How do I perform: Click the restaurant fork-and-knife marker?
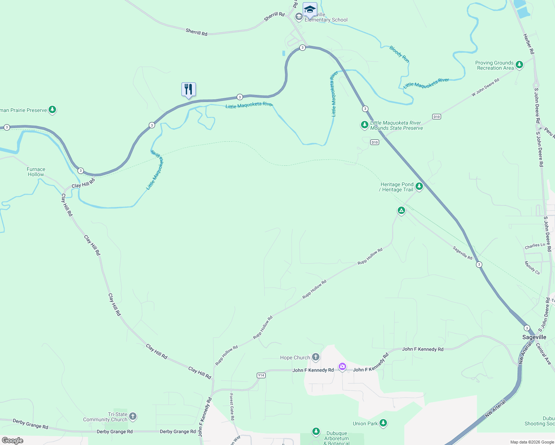tap(188, 89)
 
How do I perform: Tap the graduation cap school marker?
tap(310, 9)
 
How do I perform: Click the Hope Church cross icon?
tap(316, 357)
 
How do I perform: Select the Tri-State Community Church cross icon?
tap(133, 416)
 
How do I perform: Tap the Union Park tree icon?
tap(383, 423)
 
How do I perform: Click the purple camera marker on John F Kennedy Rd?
tap(342, 367)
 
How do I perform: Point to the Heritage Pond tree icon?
tap(419, 186)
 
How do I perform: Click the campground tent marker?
tap(401, 211)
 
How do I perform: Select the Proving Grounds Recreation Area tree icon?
tap(519, 65)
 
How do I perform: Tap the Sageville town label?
tap(534, 337)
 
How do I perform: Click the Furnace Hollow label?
tap(36, 172)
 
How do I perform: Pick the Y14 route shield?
tap(261, 375)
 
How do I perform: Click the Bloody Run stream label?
tap(399, 54)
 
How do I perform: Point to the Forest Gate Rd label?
tap(232, 407)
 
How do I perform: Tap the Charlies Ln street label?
tap(535, 246)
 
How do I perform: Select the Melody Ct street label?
tap(532, 268)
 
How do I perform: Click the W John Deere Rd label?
tap(485, 88)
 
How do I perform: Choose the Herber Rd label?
tap(529, 44)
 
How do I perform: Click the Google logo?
tap(13, 441)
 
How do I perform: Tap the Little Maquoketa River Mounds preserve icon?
tap(365, 125)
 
